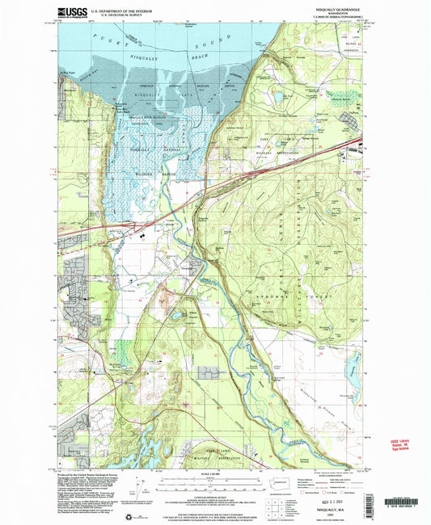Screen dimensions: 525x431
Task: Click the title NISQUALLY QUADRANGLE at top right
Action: click(327, 9)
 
